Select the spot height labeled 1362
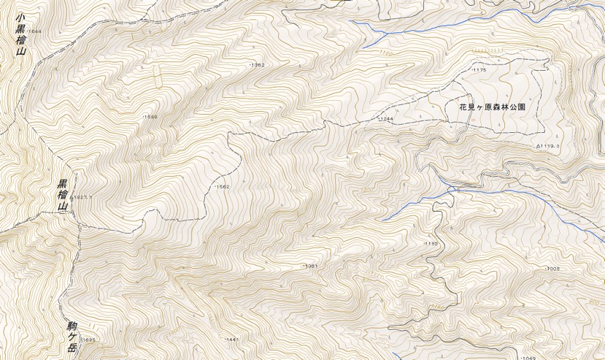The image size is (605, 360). pos(257,65)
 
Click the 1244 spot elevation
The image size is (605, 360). pos(386,118)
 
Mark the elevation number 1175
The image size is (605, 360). pos(479,70)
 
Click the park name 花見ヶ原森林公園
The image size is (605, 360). pos(493,107)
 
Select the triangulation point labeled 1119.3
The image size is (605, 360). pos(548,146)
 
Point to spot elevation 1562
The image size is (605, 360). pos(222,187)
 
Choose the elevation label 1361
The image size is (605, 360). pos(310,266)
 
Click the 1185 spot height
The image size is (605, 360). pos(430,242)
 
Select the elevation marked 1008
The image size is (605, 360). pos(552,269)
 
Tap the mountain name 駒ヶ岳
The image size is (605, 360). pos(72,336)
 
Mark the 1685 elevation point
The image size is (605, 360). pos(89,340)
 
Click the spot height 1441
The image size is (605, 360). pos(232,340)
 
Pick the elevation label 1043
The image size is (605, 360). pos(529,358)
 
